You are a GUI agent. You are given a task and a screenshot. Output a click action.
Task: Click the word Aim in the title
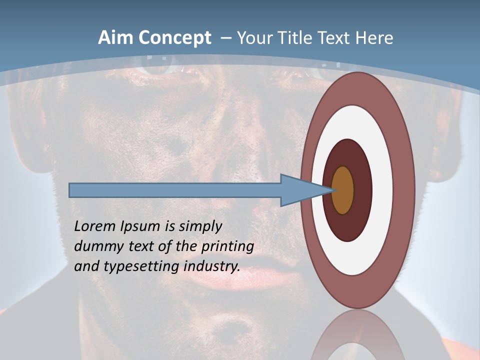point(116,38)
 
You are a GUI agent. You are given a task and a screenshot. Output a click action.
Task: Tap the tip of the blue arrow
point(332,190)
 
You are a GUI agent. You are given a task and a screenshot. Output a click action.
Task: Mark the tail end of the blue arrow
point(70,190)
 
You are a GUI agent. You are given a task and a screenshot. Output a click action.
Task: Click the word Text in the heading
point(337,38)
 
